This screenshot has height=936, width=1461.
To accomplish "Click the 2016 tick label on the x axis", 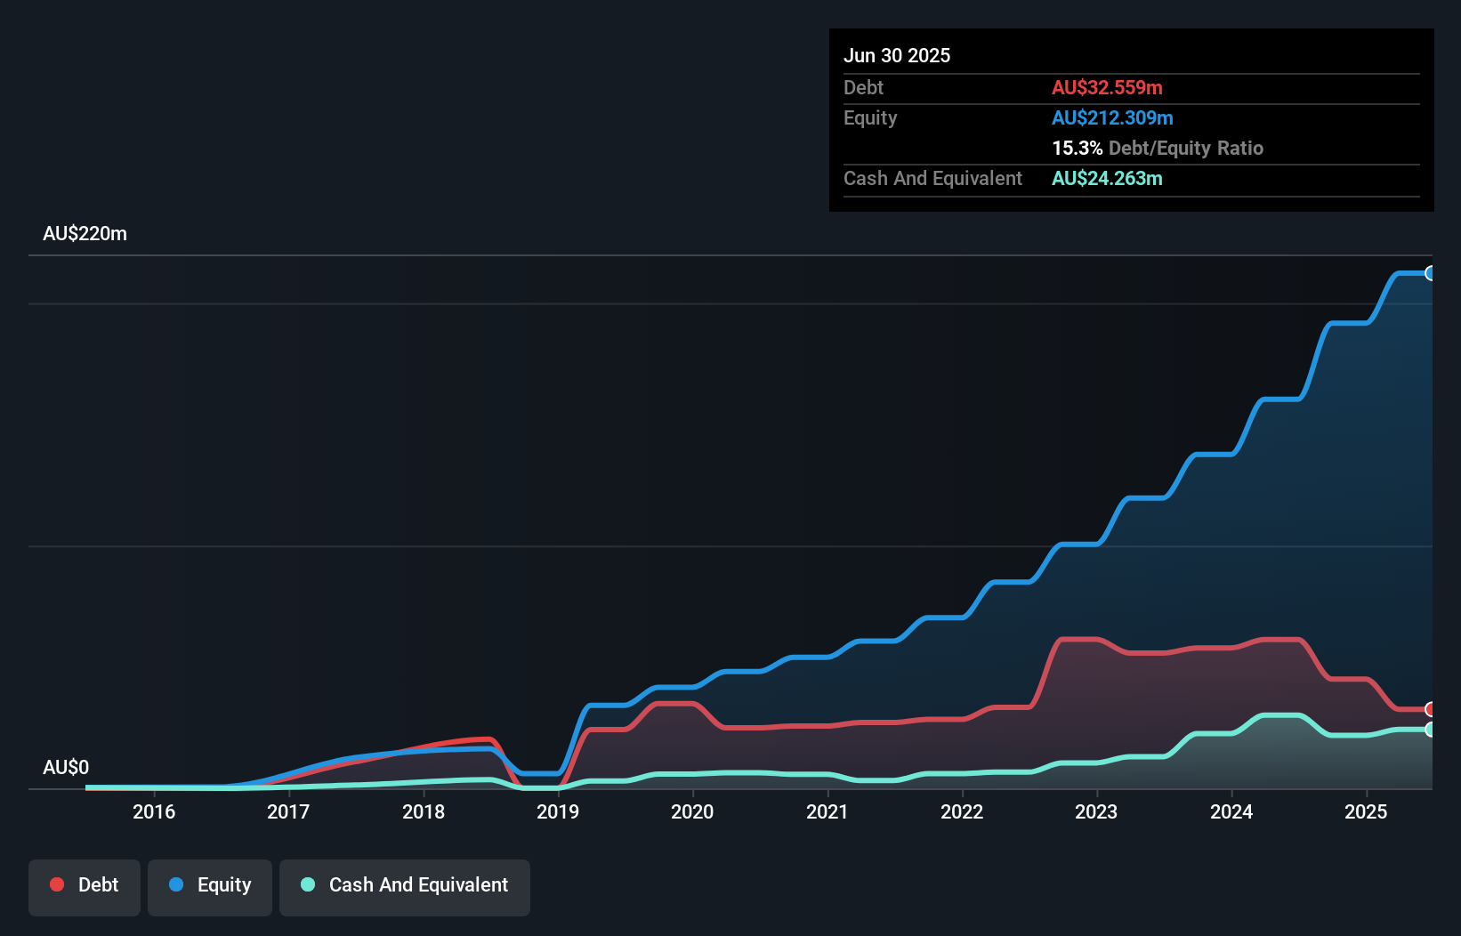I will click(154, 811).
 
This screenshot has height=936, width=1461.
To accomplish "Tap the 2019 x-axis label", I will click(558, 811).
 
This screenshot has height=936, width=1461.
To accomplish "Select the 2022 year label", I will click(962, 811).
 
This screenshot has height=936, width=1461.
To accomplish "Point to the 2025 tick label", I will click(1366, 811).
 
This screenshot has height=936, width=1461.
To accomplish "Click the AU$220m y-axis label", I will click(85, 234).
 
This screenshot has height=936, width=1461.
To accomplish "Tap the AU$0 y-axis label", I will click(66, 767).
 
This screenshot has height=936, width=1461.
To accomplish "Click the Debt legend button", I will click(85, 885).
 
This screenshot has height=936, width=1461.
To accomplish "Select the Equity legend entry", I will click(210, 885).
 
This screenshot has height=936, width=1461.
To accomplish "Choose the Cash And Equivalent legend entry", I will click(405, 885).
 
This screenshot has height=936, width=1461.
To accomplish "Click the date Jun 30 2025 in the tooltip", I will click(897, 55).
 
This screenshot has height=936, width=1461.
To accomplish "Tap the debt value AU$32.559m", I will click(1107, 87).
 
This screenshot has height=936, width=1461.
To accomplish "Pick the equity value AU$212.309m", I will click(1112, 117).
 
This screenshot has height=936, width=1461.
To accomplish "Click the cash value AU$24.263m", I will click(1107, 178).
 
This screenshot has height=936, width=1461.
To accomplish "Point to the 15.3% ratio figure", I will click(1077, 148).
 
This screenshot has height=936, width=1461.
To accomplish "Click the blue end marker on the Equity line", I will click(1431, 273).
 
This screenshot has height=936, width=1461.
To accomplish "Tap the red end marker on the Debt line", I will click(1431, 709).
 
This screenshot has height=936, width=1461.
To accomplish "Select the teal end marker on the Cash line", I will click(1431, 730).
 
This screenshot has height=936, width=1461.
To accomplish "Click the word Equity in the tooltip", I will click(870, 117).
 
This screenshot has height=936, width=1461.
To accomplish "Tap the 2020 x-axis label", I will click(692, 811).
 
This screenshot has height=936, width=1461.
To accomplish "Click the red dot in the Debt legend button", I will click(57, 884).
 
